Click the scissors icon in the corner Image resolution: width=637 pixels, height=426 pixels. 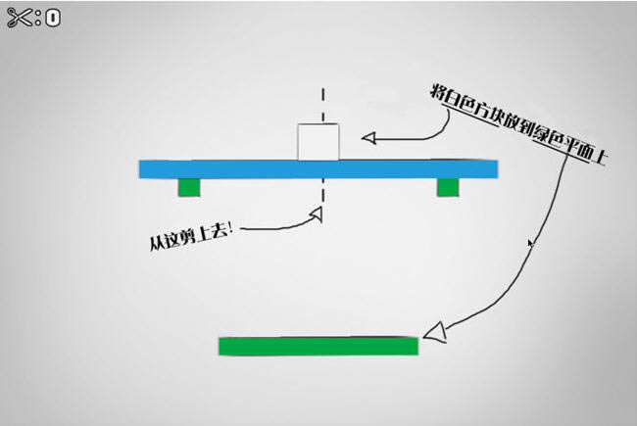21,17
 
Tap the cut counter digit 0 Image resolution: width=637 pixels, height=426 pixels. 52,18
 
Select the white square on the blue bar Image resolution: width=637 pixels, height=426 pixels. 318,142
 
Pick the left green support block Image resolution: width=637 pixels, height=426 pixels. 189,187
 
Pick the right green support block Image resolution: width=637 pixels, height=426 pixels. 447,187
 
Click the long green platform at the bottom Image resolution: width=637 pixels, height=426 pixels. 318,346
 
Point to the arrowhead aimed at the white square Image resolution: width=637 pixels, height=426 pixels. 369,138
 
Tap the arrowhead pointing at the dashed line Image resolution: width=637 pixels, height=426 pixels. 316,213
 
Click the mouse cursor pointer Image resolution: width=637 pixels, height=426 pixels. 530,243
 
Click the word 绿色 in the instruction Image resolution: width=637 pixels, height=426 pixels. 546,140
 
